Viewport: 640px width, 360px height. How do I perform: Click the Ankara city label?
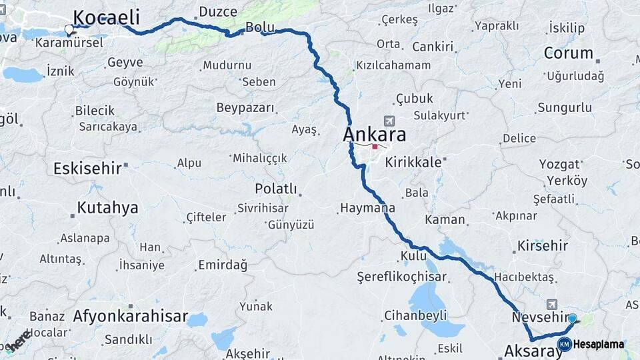[374, 134]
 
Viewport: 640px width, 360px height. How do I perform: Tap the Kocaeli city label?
[106, 18]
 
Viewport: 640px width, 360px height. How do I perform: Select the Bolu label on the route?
[260, 28]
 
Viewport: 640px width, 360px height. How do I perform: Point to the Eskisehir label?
[87, 168]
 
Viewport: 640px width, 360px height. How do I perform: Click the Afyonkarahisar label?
[131, 316]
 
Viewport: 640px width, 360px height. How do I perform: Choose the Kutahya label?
[107, 207]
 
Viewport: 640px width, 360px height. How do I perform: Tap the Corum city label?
[568, 53]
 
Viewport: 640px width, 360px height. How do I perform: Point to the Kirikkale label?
[413, 162]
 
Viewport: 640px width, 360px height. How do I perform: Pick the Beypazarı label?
[245, 107]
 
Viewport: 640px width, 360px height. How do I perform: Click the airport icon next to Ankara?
[389, 121]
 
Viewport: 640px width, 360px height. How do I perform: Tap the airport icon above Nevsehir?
[551, 303]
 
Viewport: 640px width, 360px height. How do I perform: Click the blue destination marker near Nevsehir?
[572, 319]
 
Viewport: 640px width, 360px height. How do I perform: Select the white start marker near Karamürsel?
[69, 29]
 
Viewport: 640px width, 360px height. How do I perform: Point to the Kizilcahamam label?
[393, 65]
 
